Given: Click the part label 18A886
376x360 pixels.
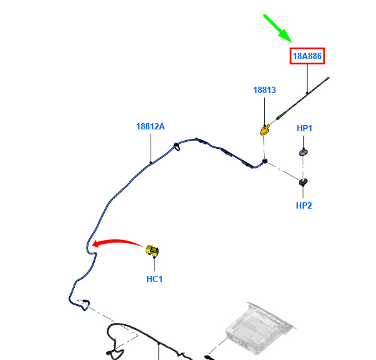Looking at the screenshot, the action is tap(307, 56).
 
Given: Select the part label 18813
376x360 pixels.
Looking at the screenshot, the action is tap(264, 90).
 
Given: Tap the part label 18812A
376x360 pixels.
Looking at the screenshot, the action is tap(151, 126).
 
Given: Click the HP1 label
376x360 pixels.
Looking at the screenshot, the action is tap(304, 128).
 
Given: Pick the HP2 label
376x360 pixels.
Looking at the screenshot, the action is tap(304, 205).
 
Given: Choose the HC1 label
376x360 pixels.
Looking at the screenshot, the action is tap(154, 279).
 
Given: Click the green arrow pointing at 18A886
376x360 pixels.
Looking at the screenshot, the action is tap(277, 28).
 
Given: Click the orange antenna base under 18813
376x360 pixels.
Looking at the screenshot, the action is tap(265, 131).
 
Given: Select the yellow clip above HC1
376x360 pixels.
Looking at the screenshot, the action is tap(153, 251).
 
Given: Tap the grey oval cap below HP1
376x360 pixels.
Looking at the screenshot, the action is tap(303, 153).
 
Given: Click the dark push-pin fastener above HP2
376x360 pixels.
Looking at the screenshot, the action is tap(303, 182).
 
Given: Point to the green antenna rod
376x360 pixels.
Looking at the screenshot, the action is tap(303, 98).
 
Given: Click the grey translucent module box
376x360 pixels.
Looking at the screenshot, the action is tap(260, 328).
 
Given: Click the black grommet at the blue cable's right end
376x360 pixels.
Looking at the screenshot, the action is tap(265, 161).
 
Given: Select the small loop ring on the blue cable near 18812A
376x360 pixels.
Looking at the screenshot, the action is tap(176, 146).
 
